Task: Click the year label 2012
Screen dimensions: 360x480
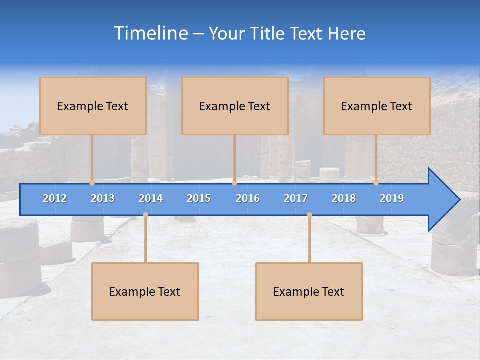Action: pyautogui.click(x=55, y=198)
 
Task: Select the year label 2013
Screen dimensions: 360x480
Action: pyautogui.click(x=103, y=198)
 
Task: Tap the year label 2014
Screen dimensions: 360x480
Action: pyautogui.click(x=151, y=198)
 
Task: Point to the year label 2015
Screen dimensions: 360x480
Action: pyautogui.click(x=199, y=198)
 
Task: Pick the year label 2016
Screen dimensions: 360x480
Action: pyautogui.click(x=248, y=198)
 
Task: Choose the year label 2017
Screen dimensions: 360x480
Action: pyautogui.click(x=296, y=198)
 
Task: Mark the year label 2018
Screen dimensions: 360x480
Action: pyautogui.click(x=344, y=198)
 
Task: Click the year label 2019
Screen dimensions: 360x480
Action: pyautogui.click(x=392, y=198)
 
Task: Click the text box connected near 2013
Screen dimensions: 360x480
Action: pyautogui.click(x=93, y=106)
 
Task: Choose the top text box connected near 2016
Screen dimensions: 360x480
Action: pyautogui.click(x=235, y=106)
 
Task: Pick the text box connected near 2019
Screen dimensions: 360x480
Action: pyautogui.click(x=377, y=106)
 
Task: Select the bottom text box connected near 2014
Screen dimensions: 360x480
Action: pyautogui.click(x=145, y=291)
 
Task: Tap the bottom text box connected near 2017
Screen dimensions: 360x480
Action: pyautogui.click(x=309, y=291)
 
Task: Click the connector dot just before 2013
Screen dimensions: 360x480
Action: pyautogui.click(x=92, y=183)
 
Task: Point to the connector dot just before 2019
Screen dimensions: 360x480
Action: pyautogui.click(x=376, y=183)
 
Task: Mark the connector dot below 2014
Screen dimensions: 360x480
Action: pyautogui.click(x=145, y=215)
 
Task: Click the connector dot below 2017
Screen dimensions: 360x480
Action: pyautogui.click(x=309, y=215)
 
